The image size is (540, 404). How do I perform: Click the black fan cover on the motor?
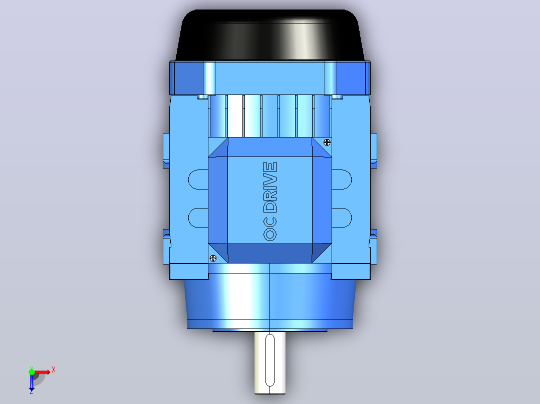pos(269,34)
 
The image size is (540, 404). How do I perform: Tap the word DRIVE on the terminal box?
pos(270,187)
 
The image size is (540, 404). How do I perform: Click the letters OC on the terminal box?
pos(270,228)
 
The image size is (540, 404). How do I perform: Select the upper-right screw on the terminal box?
pos(327,142)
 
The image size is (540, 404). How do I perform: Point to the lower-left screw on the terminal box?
pos(213,258)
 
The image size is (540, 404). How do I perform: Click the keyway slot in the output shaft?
pos(270,360)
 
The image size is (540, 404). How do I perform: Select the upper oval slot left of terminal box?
pos(198,179)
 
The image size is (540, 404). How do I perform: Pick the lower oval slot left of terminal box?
pos(198,217)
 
